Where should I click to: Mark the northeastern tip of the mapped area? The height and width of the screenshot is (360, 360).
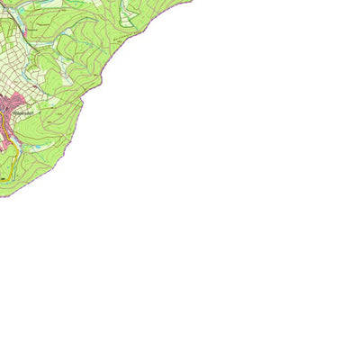point(191,1)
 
